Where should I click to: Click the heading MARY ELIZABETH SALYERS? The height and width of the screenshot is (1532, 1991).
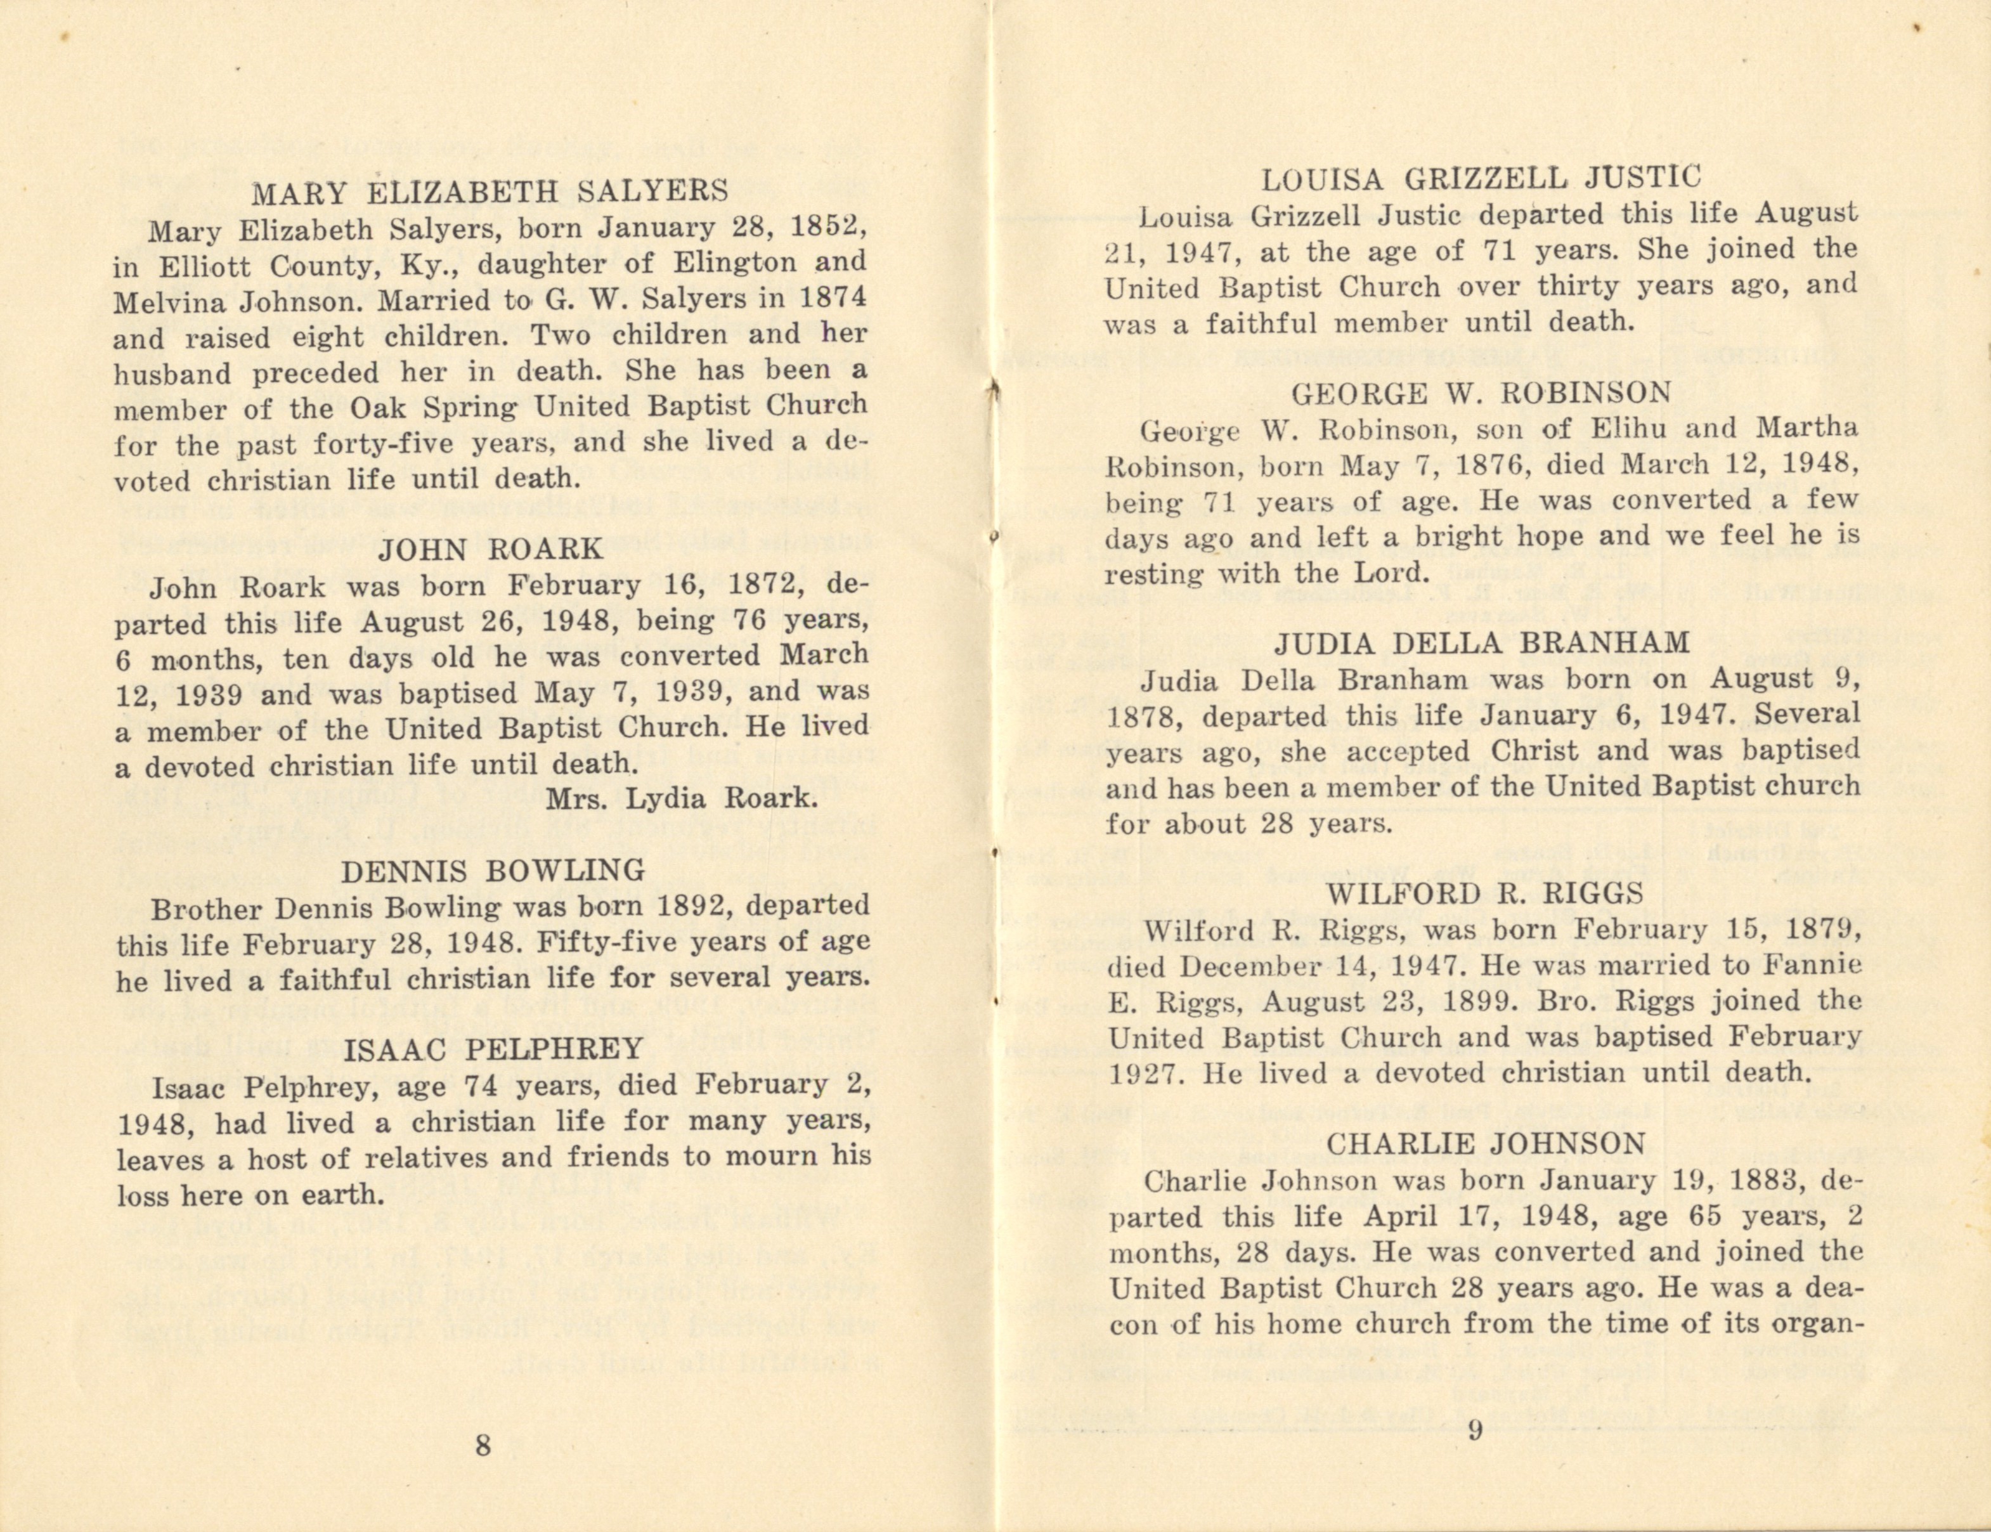coord(490,191)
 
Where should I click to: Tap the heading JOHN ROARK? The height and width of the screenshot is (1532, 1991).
coord(490,549)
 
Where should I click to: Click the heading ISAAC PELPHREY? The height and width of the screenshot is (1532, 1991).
coord(493,1049)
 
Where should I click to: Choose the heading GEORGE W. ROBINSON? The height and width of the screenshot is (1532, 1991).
coord(1481,393)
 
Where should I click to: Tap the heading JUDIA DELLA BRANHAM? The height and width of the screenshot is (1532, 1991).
coord(1481,644)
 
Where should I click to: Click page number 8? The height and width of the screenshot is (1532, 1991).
coord(483,1445)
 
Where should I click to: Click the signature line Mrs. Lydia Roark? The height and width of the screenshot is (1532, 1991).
coord(679,799)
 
